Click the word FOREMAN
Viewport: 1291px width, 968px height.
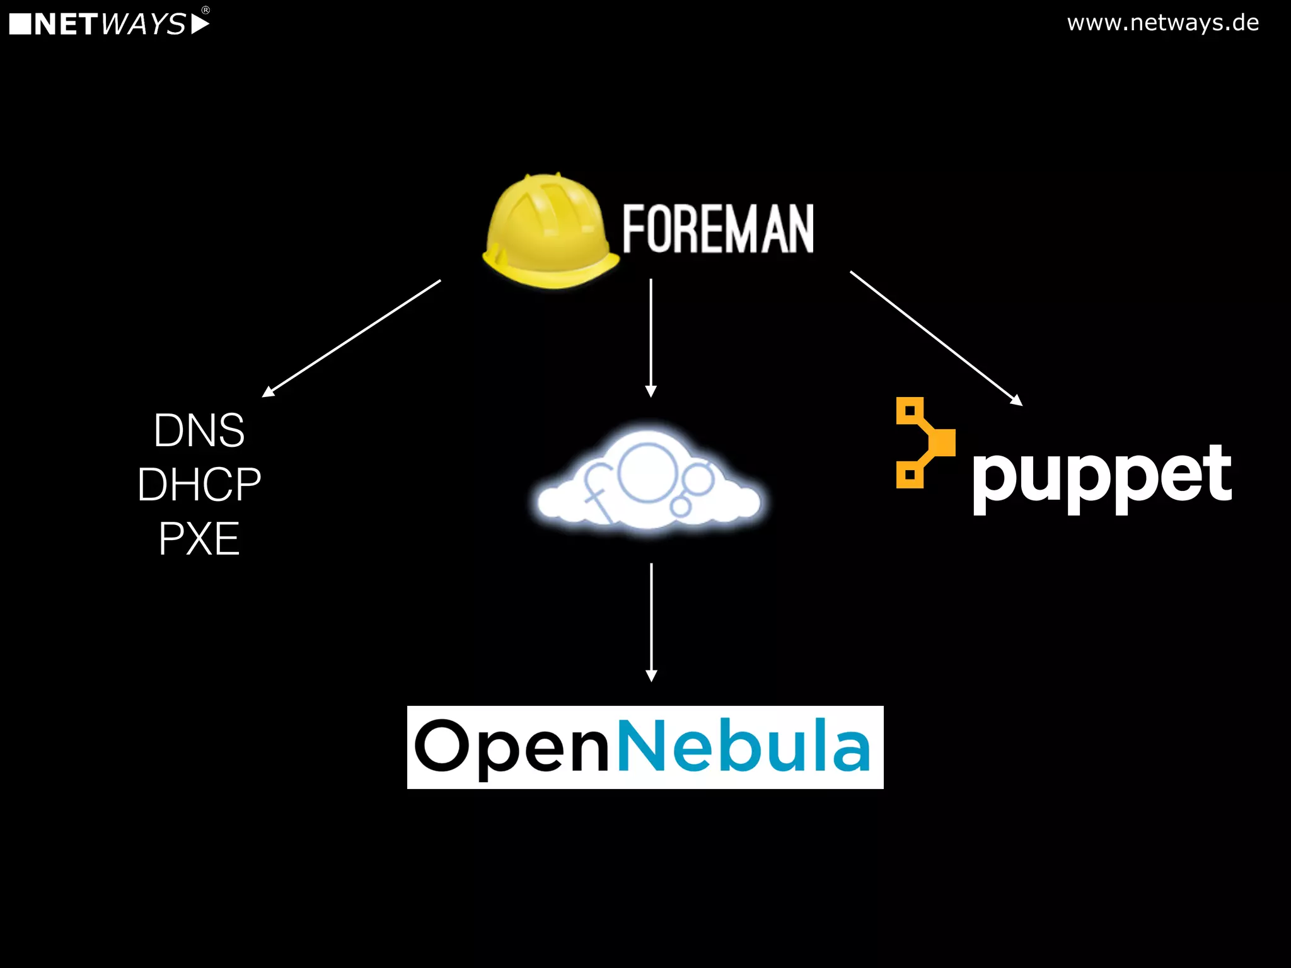point(718,229)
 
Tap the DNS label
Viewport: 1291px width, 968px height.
point(199,430)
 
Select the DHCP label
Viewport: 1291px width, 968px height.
point(199,485)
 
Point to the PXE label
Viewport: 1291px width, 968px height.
point(199,539)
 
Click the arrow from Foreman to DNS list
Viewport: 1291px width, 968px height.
point(352,338)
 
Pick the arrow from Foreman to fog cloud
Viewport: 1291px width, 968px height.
point(651,337)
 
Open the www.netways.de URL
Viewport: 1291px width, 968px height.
point(1163,23)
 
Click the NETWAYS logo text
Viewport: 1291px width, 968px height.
point(110,25)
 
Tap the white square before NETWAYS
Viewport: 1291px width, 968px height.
point(20,25)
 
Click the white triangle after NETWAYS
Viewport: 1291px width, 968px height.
point(199,25)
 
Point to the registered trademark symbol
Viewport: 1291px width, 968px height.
point(206,9)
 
